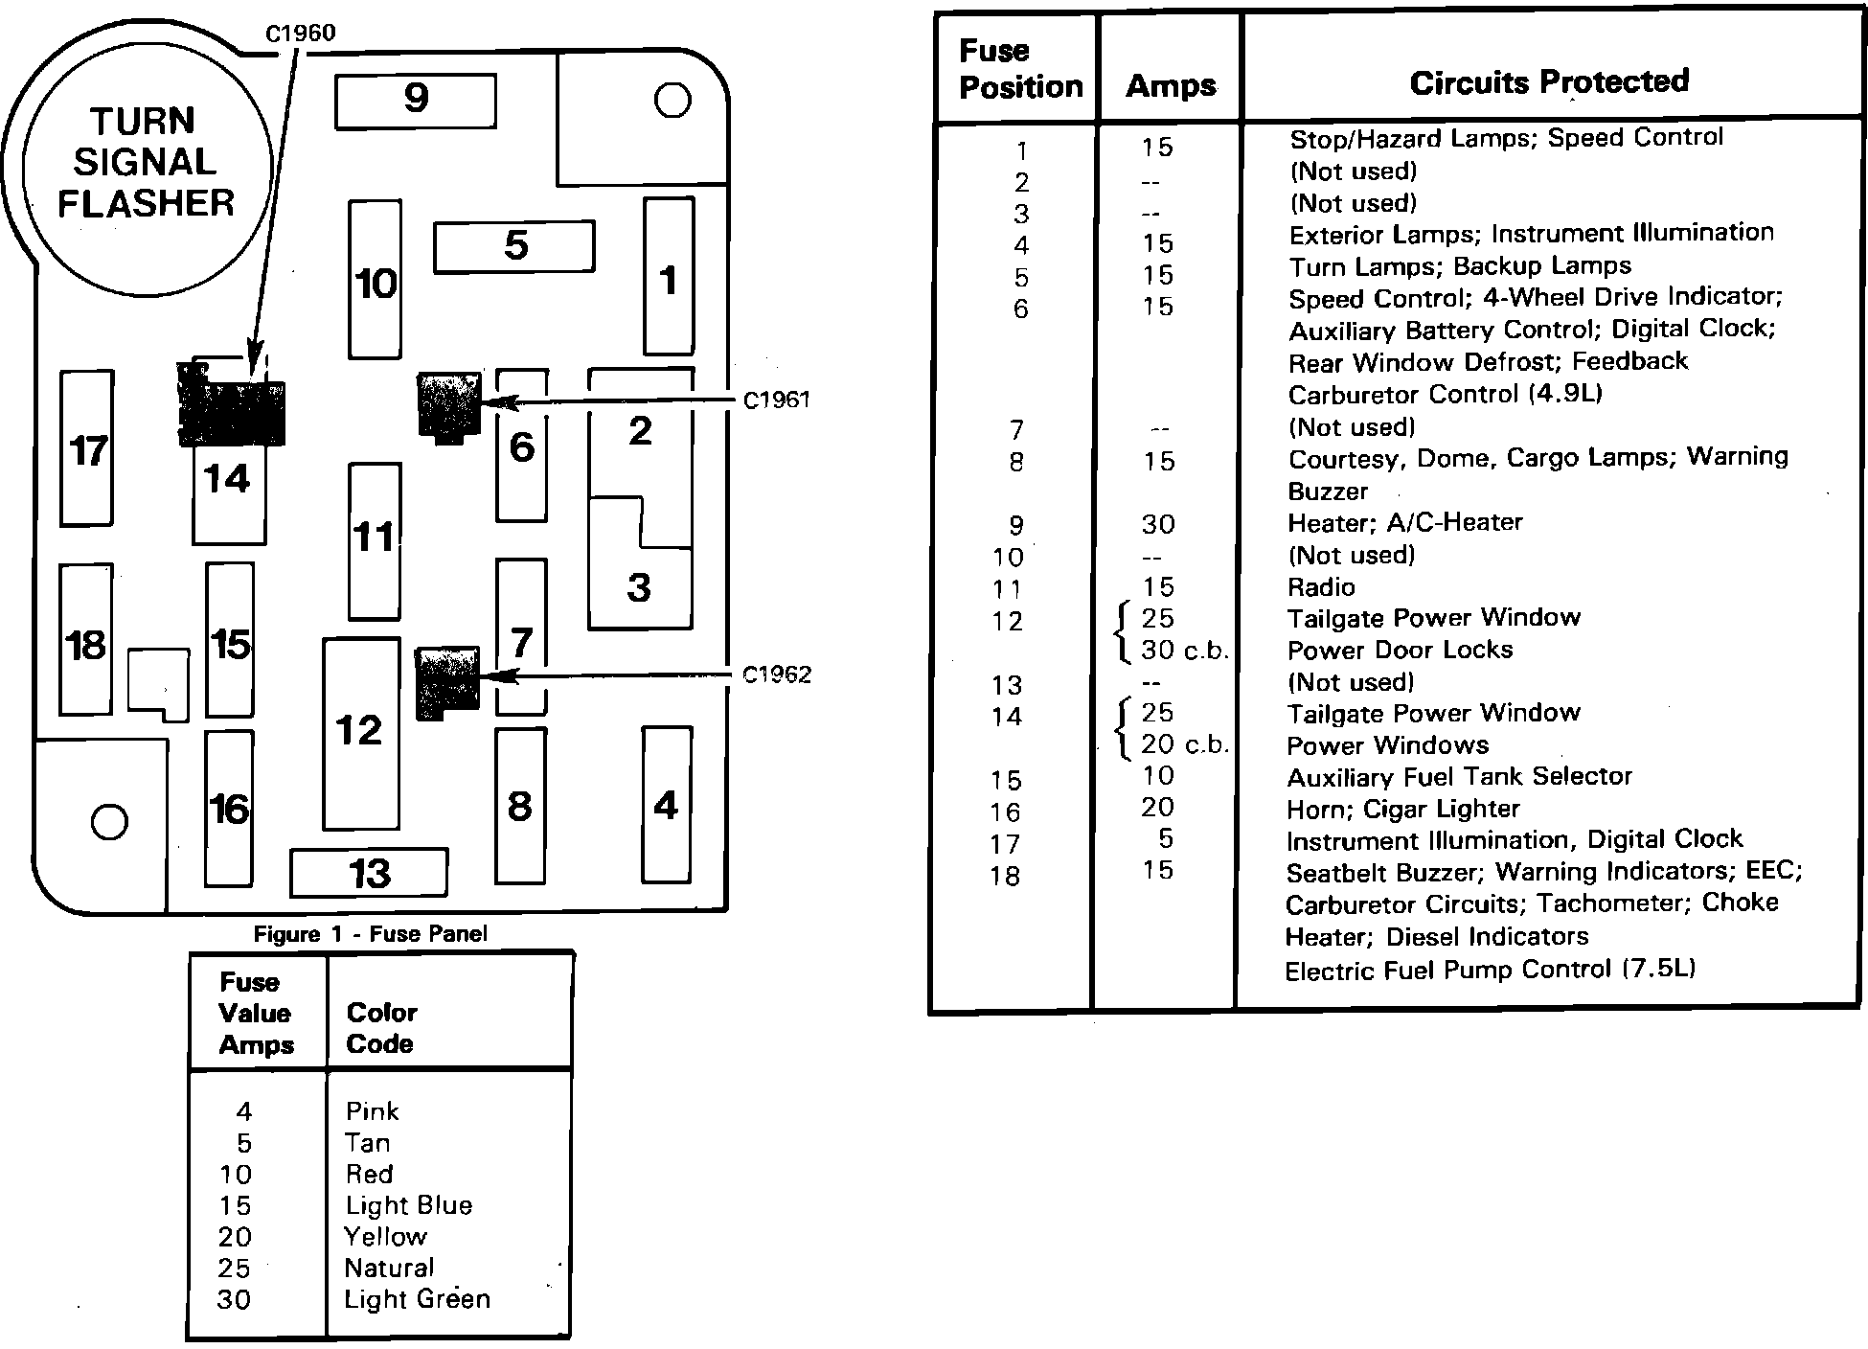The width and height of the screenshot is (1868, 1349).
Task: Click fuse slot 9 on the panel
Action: pyautogui.click(x=416, y=100)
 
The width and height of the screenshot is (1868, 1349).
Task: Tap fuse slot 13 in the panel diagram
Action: pyautogui.click(x=369, y=873)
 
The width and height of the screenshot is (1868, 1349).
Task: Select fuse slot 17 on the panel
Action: pyautogui.click(x=87, y=449)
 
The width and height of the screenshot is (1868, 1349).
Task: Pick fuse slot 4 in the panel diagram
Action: pyautogui.click(x=666, y=805)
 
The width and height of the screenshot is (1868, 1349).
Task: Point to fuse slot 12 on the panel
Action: pyautogui.click(x=360, y=732)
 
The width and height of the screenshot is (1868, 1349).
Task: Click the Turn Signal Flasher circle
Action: pyautogui.click(x=147, y=163)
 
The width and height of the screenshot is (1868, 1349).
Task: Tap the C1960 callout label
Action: pyautogui.click(x=300, y=34)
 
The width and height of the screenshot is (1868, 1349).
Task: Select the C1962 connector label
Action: pyautogui.click(x=777, y=674)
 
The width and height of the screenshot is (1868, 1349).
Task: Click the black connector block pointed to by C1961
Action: pyautogui.click(x=448, y=406)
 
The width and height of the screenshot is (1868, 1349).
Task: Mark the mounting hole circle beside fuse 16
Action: pyautogui.click(x=109, y=821)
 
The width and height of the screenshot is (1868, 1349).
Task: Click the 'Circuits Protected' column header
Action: pyautogui.click(x=1549, y=82)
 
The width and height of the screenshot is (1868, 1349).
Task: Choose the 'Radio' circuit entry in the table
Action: pyautogui.click(x=1321, y=586)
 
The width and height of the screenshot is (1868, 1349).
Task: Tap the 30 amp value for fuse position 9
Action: pyautogui.click(x=1157, y=524)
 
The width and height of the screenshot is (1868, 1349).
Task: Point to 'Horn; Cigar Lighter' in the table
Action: pyautogui.click(x=1402, y=810)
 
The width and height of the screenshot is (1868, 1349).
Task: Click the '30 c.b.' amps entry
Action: pyautogui.click(x=1184, y=651)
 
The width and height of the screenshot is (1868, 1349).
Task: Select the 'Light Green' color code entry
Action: pyautogui.click(x=417, y=1299)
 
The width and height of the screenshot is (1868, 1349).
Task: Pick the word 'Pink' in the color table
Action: pyautogui.click(x=372, y=1110)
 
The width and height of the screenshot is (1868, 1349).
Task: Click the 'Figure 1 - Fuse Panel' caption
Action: pyautogui.click(x=370, y=933)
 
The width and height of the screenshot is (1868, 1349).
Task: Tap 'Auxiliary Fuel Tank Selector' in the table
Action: pyautogui.click(x=1459, y=776)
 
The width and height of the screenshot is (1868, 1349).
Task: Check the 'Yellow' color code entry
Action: pyautogui.click(x=385, y=1236)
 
